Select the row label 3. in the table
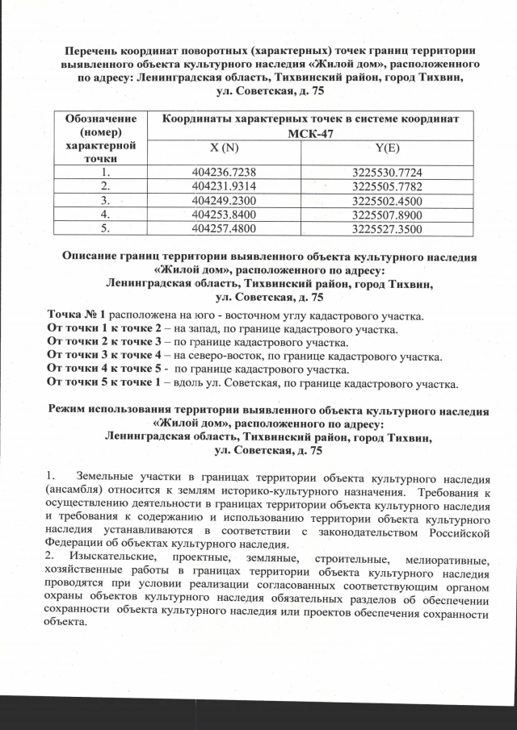pos(103,201)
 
